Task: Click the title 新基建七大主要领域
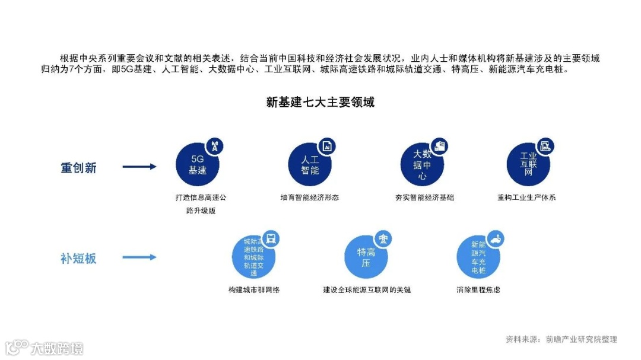coord(320,102)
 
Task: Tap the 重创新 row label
coord(78,168)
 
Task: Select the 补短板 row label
coord(78,259)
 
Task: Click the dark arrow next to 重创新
coord(139,167)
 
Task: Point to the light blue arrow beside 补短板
coord(139,257)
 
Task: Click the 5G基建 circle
coord(197,165)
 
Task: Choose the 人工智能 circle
coord(310,165)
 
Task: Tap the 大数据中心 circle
coord(421,165)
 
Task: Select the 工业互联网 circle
coord(528,165)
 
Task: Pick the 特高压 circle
coord(366,257)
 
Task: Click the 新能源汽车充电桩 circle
coord(478,257)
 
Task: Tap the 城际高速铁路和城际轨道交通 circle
coord(253,257)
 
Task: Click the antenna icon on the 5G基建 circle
coord(214,146)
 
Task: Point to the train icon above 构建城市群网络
coord(271,238)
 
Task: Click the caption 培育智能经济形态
coord(310,197)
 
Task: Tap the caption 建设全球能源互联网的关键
coord(367,290)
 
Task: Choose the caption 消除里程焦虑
coord(478,290)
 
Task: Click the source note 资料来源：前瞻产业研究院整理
coord(561,339)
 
